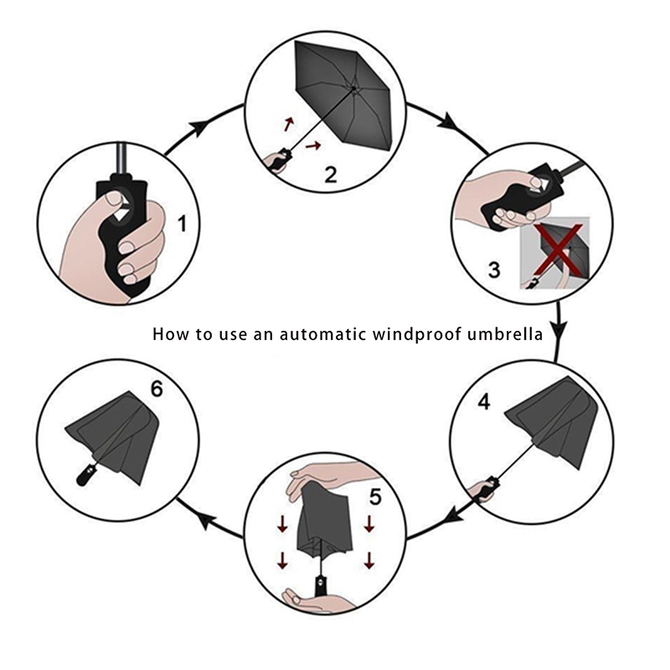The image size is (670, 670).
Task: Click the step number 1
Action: [183, 224]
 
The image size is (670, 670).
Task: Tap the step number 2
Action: [331, 174]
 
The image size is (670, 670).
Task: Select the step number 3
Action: [494, 270]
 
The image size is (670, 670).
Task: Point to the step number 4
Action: [484, 402]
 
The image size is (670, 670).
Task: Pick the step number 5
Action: [375, 497]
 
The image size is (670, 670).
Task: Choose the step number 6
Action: [157, 389]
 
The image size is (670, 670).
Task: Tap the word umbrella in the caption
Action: [505, 333]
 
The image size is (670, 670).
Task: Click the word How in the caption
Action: [171, 333]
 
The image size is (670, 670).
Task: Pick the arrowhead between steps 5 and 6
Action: [204, 521]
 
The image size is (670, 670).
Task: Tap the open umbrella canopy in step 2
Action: [343, 92]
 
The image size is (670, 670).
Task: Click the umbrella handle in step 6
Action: [85, 475]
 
